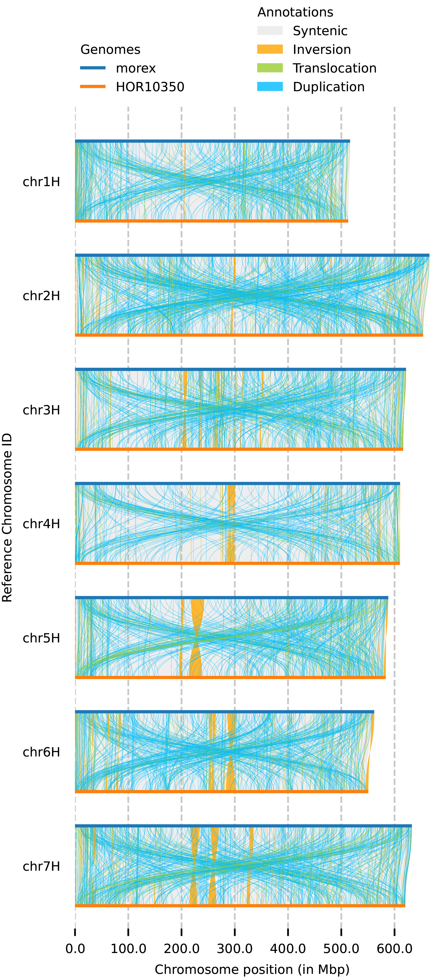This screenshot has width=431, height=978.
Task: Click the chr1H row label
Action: pyautogui.click(x=41, y=182)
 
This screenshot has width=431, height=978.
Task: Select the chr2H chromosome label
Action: pyautogui.click(x=41, y=296)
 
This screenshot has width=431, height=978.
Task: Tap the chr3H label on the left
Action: pyautogui.click(x=41, y=410)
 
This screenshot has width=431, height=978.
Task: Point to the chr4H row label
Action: pyautogui.click(x=41, y=524)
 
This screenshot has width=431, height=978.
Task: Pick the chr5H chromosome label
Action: pyautogui.click(x=41, y=638)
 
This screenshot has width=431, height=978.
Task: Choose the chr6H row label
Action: pyautogui.click(x=41, y=752)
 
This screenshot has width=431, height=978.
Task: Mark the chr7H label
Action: pyautogui.click(x=41, y=866)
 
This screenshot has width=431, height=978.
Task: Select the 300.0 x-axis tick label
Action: pyautogui.click(x=235, y=948)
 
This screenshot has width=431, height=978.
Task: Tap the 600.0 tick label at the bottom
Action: pyautogui.click(x=394, y=948)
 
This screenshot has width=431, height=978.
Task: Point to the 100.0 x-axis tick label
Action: pyautogui.click(x=128, y=948)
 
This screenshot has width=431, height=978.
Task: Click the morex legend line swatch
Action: pyautogui.click(x=93, y=68)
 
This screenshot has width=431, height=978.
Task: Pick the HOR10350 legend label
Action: pyautogui.click(x=150, y=87)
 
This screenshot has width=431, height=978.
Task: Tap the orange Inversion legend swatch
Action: pyautogui.click(x=270, y=49)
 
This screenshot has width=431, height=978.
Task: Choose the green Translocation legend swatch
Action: pyautogui.click(x=270, y=68)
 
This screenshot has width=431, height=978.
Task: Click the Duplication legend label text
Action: pyautogui.click(x=328, y=87)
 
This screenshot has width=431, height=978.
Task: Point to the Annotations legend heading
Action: pyautogui.click(x=295, y=12)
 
